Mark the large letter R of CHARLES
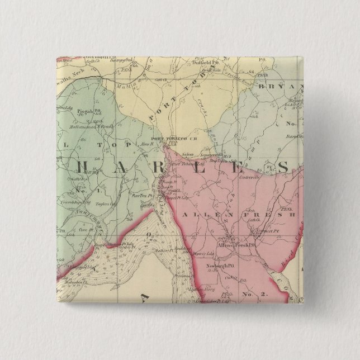[x=183, y=165]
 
